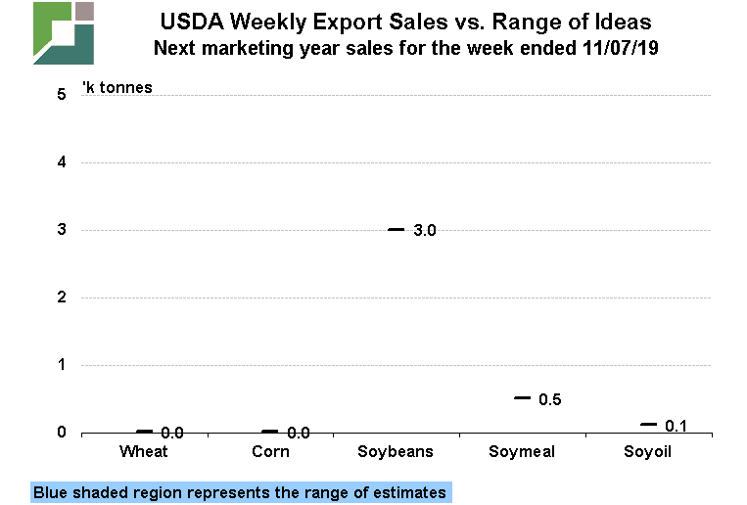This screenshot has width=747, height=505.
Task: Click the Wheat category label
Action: [x=144, y=451]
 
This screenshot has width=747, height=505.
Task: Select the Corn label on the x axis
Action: [x=270, y=451]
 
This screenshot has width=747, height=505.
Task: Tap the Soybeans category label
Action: [x=395, y=451]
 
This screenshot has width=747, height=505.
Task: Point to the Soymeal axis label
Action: [x=521, y=451]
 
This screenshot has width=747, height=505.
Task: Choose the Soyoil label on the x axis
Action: [x=647, y=451]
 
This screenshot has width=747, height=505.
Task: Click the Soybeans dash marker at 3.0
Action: [x=396, y=230]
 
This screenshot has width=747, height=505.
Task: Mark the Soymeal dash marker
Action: [x=522, y=398]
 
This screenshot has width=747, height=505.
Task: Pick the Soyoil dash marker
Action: [x=648, y=425]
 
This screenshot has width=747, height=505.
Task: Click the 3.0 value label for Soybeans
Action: [x=424, y=231]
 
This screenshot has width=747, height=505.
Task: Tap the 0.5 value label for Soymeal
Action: [x=550, y=399]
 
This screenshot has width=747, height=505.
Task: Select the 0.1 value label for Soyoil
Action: [x=676, y=426]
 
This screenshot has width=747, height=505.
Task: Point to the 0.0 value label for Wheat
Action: [x=172, y=433]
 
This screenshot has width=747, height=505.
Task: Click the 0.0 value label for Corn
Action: [x=298, y=433]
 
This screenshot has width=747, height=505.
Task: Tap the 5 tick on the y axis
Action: [x=61, y=95]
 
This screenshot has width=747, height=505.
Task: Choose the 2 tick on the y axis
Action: [x=61, y=298]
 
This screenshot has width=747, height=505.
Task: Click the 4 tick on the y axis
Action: [x=61, y=162]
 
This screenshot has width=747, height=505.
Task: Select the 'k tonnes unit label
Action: [x=117, y=88]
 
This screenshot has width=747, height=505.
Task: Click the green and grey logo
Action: [x=64, y=33]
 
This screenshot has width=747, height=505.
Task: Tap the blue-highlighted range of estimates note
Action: [x=240, y=492]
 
